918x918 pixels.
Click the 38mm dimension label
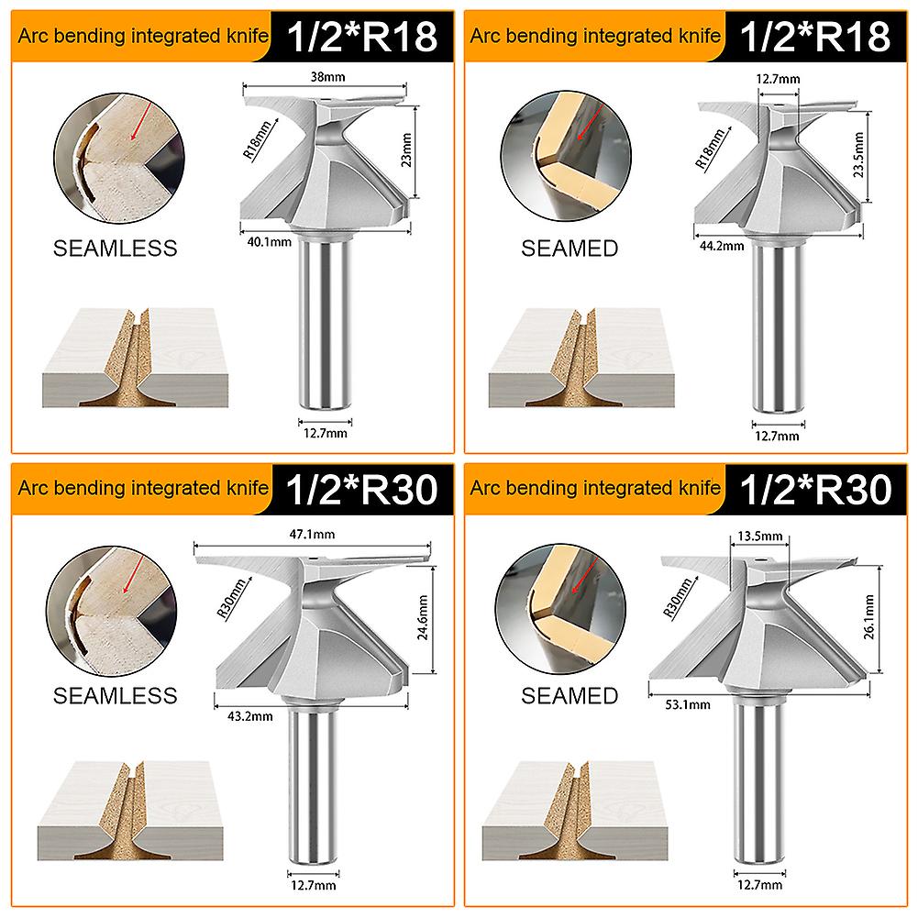[x=321, y=77]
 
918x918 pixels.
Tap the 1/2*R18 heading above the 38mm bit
[x=364, y=36]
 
